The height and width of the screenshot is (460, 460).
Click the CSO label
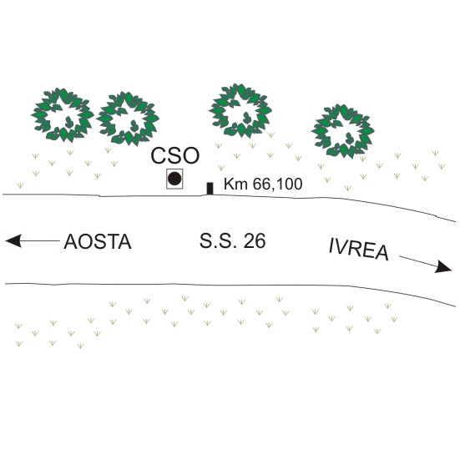(x=175, y=155)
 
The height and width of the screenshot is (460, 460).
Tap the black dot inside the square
(x=174, y=179)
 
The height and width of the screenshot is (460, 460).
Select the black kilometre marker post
(x=210, y=189)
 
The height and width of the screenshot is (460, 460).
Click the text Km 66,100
(x=263, y=185)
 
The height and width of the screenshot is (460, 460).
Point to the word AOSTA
(x=98, y=242)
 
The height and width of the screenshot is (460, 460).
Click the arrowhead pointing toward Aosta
(x=13, y=241)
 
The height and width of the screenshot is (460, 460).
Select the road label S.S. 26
(x=233, y=241)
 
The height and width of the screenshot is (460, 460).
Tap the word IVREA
(x=359, y=250)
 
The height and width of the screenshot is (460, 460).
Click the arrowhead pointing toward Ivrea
(x=443, y=266)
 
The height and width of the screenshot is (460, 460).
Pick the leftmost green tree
(x=63, y=115)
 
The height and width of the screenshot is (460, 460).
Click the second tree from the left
(x=128, y=119)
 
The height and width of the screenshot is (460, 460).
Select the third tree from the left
(x=240, y=110)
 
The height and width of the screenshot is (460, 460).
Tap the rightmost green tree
(x=342, y=131)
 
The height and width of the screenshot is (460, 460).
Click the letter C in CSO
(x=159, y=155)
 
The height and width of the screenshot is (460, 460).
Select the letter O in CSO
(x=191, y=155)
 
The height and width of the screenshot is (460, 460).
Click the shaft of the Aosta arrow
(x=40, y=241)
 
